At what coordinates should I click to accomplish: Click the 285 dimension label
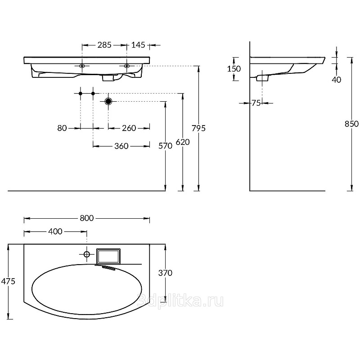pyautogui.click(x=104, y=45)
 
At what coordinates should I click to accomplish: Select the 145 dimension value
pyautogui.click(x=138, y=45)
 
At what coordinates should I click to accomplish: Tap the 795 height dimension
pyautogui.click(x=198, y=128)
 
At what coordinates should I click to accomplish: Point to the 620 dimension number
pyautogui.click(x=183, y=142)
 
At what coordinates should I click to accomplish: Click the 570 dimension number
pyautogui.click(x=165, y=146)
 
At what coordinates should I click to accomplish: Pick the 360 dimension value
pyautogui.click(x=121, y=146)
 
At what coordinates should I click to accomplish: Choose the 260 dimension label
pyautogui.click(x=129, y=128)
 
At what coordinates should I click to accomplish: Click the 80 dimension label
pyautogui.click(x=62, y=128)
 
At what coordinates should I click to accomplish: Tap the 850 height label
pyautogui.click(x=352, y=124)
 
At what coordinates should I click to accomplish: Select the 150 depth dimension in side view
pyautogui.click(x=234, y=69)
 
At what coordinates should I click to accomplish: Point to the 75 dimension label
pyautogui.click(x=256, y=103)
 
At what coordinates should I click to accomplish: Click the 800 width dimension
pyautogui.click(x=87, y=218)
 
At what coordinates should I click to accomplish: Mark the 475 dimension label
pyautogui.click(x=8, y=281)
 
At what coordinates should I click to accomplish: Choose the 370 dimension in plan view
pyautogui.click(x=165, y=273)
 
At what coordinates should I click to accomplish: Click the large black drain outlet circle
pyautogui.click(x=108, y=101)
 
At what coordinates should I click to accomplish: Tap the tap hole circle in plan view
pyautogui.click(x=87, y=254)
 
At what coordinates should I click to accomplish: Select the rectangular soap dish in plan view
pyautogui.click(x=108, y=256)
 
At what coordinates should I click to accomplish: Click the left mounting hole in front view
pyautogui.click(x=82, y=66)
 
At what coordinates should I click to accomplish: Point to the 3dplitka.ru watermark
pyautogui.click(x=180, y=301)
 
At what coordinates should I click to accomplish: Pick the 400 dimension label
pyautogui.click(x=55, y=231)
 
